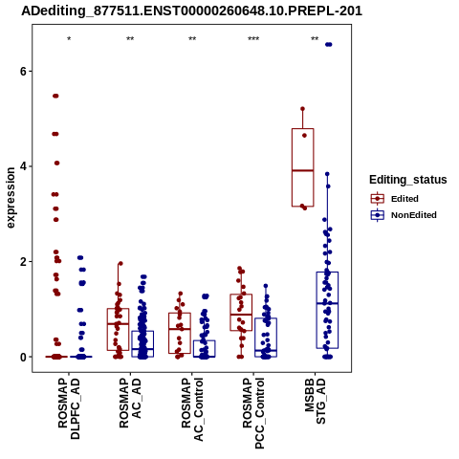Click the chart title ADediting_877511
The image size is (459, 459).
pyautogui.click(x=192, y=11)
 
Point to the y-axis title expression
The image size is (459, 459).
pyautogui.click(x=11, y=198)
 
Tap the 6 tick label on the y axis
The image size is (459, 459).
pyautogui.click(x=23, y=71)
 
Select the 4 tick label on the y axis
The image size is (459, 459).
pyautogui.click(x=23, y=166)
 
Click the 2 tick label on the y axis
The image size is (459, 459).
pyautogui.click(x=23, y=262)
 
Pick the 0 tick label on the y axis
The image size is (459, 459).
pyautogui.click(x=23, y=357)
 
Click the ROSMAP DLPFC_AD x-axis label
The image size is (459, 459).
pyautogui.click(x=69, y=408)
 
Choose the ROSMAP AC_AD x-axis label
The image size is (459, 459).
pyautogui.click(x=130, y=403)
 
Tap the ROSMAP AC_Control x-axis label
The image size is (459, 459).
pyautogui.click(x=192, y=409)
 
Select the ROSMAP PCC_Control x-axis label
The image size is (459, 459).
pyautogui.click(x=253, y=413)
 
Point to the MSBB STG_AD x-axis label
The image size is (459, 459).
pyautogui.click(x=315, y=401)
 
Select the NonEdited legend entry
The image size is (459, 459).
pyautogui.click(x=404, y=215)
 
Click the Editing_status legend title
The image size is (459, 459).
pyautogui.click(x=408, y=180)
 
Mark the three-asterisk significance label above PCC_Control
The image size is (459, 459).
pyautogui.click(x=253, y=39)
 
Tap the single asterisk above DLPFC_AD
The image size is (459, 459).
pyautogui.click(x=69, y=39)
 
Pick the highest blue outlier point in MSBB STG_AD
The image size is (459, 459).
pyautogui.click(x=328, y=45)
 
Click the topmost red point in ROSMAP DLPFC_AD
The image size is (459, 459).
pyautogui.click(x=55, y=96)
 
